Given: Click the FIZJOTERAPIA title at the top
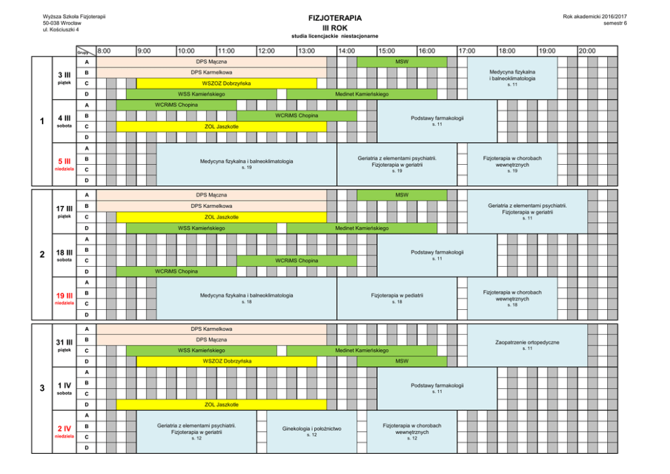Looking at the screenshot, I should [334, 18].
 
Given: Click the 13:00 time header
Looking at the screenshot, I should [307, 51].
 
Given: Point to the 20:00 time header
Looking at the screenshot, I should [587, 51].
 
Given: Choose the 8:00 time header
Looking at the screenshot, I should [105, 51].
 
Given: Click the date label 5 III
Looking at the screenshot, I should [64, 161].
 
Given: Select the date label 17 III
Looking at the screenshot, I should [64, 208].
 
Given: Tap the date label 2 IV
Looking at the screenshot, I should [64, 428].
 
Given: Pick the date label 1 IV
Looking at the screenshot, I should [64, 385].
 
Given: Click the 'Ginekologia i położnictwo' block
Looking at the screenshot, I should [311, 431].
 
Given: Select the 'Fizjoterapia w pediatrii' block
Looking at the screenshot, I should [397, 297].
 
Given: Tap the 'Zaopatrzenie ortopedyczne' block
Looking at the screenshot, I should [527, 344].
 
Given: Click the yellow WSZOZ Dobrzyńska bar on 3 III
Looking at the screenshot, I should [226, 83].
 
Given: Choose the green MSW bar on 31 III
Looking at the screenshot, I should [402, 361].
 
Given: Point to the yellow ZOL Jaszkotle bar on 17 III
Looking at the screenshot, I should [222, 217].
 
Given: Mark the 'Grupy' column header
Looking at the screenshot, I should [83, 52].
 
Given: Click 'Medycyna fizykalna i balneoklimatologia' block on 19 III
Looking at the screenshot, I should [247, 297].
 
